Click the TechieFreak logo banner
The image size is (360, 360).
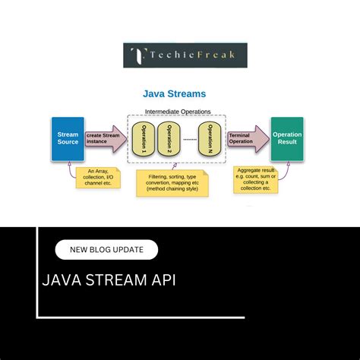(185, 55)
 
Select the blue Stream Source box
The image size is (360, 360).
(68, 139)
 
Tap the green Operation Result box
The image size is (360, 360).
(286, 139)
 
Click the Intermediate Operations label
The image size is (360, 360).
(177, 112)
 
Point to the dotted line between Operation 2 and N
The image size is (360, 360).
(191, 140)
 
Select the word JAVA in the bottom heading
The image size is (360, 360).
(62, 281)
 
